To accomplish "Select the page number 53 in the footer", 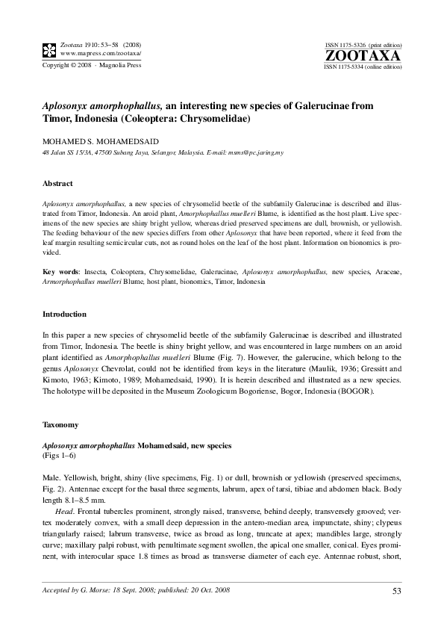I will [397, 592].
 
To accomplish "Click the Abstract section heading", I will [57, 183].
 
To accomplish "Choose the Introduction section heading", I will [64, 314].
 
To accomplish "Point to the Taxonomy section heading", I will [60, 424].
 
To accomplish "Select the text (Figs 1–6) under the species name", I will [60, 455].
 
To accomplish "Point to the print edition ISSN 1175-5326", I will [351, 46].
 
